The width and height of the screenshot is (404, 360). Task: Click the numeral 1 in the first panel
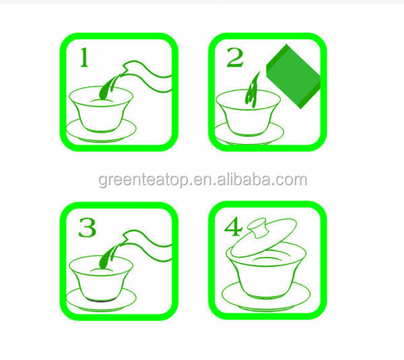pyautogui.click(x=85, y=58)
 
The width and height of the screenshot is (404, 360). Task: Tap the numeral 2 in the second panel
pyautogui.click(x=235, y=58)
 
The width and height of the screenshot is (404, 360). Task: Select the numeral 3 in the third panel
pyautogui.click(x=87, y=227)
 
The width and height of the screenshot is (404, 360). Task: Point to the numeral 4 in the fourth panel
pyautogui.click(x=233, y=227)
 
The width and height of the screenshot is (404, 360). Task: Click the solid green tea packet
pyautogui.click(x=293, y=76)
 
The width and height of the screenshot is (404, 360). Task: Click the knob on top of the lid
pyautogui.click(x=257, y=227)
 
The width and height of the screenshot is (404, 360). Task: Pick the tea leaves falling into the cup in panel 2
pyautogui.click(x=252, y=90)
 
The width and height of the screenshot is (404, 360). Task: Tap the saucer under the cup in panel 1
pyautogui.click(x=101, y=131)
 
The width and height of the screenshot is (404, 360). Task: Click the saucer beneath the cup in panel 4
pyautogui.click(x=266, y=297)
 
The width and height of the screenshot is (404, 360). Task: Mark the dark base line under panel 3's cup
pyautogui.click(x=101, y=301)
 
